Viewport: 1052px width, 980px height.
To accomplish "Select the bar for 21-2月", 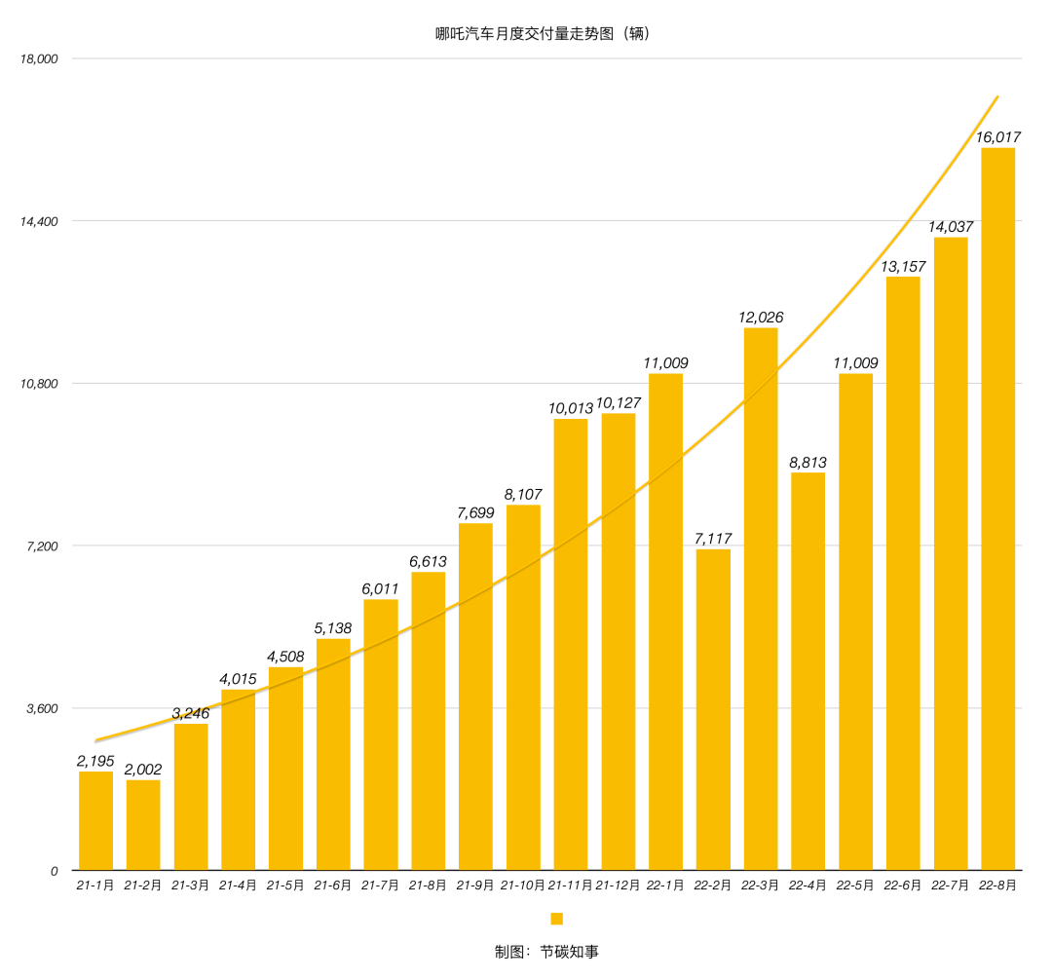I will pyautogui.click(x=143, y=824).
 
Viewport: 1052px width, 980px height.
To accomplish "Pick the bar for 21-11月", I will pyautogui.click(x=571, y=644).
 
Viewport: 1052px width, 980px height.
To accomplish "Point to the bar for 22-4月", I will pyautogui.click(x=808, y=671).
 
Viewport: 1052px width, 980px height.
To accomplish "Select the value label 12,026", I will pyautogui.click(x=761, y=318).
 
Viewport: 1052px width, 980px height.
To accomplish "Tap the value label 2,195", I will pyautogui.click(x=95, y=761).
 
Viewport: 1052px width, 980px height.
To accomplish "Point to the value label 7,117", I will pyautogui.click(x=713, y=539).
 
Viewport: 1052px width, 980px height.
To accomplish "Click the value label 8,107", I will pyautogui.click(x=523, y=494).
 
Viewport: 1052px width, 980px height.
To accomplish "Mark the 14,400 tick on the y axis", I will pyautogui.click(x=39, y=221).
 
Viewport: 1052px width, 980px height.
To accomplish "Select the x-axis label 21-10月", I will pyautogui.click(x=523, y=886).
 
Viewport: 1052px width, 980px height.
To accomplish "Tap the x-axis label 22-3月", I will pyautogui.click(x=761, y=886).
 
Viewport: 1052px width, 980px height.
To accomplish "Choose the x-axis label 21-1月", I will pyautogui.click(x=95, y=886).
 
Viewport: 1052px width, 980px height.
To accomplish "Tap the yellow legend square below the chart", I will pyautogui.click(x=557, y=919).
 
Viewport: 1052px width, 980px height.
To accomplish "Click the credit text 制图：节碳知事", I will pyautogui.click(x=546, y=952).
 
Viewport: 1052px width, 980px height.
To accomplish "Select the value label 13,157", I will pyautogui.click(x=903, y=266).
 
